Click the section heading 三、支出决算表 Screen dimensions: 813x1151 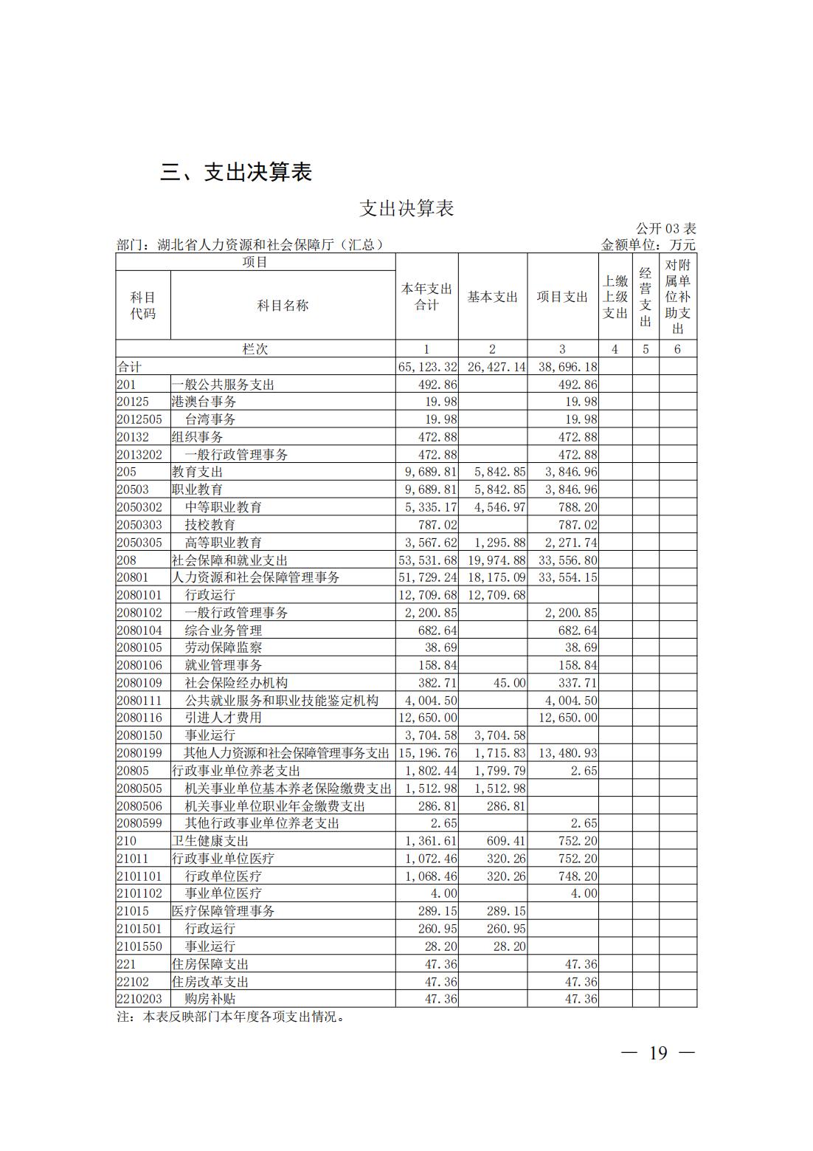click(236, 172)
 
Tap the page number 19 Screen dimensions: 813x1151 click(658, 1053)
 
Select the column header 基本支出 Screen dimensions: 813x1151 click(492, 297)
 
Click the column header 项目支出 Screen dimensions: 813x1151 click(562, 297)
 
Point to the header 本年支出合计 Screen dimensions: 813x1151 click(426, 297)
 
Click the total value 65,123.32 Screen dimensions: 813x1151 click(427, 367)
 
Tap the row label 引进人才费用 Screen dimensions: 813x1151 click(223, 718)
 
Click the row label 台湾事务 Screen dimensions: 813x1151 click(210, 419)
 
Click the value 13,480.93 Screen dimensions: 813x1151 click(568, 753)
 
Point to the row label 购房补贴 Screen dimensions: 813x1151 click(210, 999)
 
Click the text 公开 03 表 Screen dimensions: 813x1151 click(665, 229)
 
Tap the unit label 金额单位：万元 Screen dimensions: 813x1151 click(648, 245)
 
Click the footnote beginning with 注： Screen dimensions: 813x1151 click(231, 1017)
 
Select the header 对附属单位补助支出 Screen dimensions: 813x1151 click(677, 297)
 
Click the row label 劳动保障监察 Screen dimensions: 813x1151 click(223, 647)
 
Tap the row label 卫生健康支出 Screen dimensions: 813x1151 click(210, 841)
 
